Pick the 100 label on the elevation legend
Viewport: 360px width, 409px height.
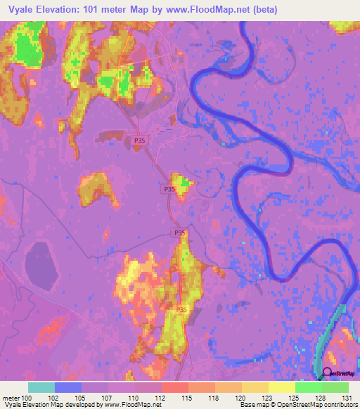click(x=26, y=398)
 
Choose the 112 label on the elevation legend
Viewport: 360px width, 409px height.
click(x=161, y=398)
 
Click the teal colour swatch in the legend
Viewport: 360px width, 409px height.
click(x=41, y=387)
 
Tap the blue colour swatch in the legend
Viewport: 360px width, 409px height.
click(x=67, y=387)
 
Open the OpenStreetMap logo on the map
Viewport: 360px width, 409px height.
click(x=339, y=374)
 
